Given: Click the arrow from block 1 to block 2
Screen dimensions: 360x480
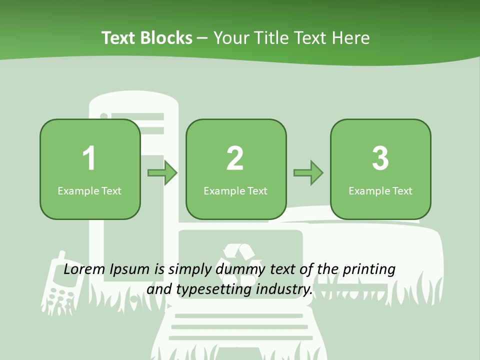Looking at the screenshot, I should pos(162,173).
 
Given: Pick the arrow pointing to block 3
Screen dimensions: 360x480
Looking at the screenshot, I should pos(308,173).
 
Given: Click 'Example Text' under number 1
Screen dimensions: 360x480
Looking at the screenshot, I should pos(89,191).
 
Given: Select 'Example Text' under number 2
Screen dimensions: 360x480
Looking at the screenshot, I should pos(235,191).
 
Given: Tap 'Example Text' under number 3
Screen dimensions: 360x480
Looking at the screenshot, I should pos(380,191).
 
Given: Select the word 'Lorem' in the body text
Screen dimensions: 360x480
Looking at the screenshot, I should pos(84,269).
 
